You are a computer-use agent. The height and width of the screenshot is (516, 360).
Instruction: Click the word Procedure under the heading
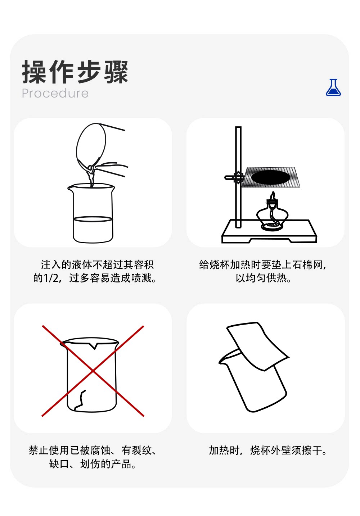[55, 94]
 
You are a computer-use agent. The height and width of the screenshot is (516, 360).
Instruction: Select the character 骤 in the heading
[116, 72]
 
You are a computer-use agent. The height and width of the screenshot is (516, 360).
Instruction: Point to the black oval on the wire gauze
[271, 178]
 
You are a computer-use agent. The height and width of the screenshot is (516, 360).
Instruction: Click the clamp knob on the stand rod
[237, 177]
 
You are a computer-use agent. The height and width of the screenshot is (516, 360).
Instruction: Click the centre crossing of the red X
[93, 371]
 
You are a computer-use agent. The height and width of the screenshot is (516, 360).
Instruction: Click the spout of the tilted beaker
[222, 362]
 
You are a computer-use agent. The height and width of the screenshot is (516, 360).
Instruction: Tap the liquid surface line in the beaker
[93, 219]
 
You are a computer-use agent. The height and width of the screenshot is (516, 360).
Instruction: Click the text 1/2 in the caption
[51, 278]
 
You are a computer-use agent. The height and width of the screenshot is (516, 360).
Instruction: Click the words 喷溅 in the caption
[142, 278]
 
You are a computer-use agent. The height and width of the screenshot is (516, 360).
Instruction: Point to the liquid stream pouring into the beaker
[91, 176]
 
